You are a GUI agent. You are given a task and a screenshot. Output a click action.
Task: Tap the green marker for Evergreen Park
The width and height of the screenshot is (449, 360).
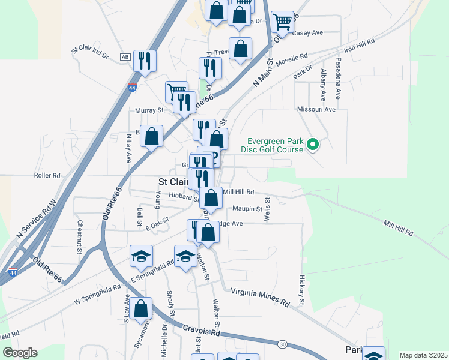[x=312, y=144]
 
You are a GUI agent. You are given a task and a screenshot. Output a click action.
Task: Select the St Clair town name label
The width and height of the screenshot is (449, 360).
[x=173, y=181]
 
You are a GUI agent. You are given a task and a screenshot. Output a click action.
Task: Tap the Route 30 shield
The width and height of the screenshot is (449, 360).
[x=282, y=344]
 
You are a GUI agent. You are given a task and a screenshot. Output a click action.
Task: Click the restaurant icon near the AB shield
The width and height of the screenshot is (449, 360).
[x=145, y=60]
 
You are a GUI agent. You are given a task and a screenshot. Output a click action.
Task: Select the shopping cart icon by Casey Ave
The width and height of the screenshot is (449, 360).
[x=282, y=22]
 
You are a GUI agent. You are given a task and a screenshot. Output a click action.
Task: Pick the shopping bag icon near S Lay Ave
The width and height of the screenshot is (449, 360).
[x=141, y=309]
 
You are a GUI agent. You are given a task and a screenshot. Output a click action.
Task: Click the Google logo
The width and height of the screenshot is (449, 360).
[x=20, y=353]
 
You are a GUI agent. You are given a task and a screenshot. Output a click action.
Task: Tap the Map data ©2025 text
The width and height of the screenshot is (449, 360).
[x=423, y=355]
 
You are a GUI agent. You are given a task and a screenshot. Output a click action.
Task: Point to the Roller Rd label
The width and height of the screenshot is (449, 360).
[x=47, y=176]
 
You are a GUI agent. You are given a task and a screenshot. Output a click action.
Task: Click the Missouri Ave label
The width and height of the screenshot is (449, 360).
[x=316, y=110]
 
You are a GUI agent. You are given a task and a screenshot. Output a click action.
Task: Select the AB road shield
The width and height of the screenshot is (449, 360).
[x=125, y=57]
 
